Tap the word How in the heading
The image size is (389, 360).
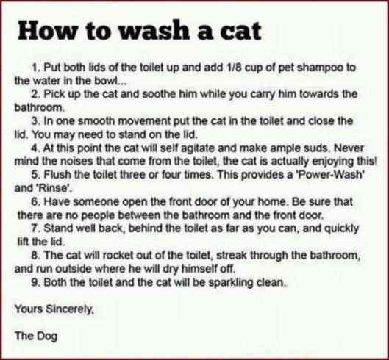point(47,31)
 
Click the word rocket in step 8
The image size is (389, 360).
point(118,256)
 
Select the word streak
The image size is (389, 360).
point(232,256)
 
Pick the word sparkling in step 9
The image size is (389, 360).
point(230,283)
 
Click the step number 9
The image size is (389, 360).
point(35,282)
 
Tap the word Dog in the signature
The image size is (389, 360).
point(47,336)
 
